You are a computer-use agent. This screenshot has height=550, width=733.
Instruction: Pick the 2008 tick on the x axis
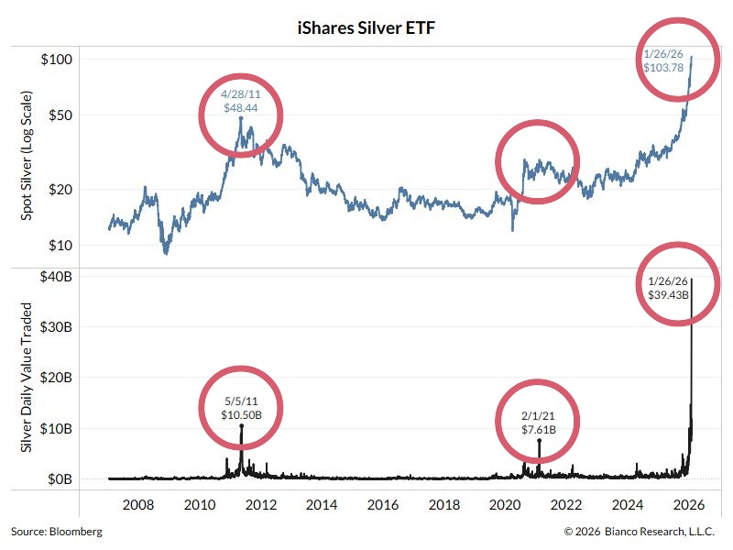[x=137, y=505]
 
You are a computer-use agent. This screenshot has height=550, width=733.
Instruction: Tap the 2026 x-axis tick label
[x=688, y=505]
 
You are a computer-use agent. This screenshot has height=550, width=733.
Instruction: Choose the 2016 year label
[x=383, y=505]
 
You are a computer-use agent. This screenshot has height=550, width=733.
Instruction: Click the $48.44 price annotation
[x=241, y=107]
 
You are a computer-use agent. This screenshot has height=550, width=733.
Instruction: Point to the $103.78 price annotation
[x=666, y=69]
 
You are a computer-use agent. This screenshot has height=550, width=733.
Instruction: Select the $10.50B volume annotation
[x=242, y=415]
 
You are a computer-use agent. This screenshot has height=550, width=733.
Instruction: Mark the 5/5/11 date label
[x=242, y=401]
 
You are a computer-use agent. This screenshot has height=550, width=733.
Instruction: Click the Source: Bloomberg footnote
[x=57, y=532]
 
